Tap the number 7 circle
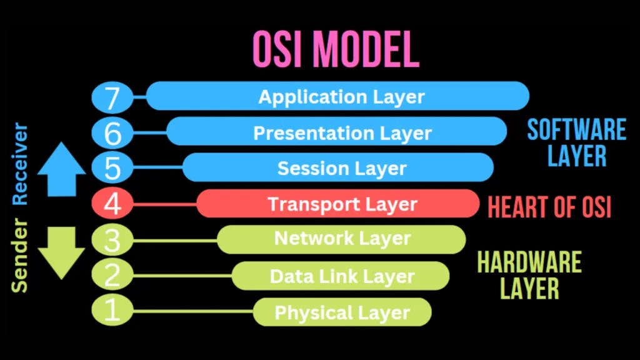click(112, 97)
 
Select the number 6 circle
click(112, 132)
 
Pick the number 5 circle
click(112, 168)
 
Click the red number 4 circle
click(112, 204)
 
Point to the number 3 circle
click(112, 239)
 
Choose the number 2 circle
click(112, 276)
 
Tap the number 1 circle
click(112, 311)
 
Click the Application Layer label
click(341, 97)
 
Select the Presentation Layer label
click(342, 132)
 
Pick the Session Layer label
click(342, 168)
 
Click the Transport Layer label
click(342, 204)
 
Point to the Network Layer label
click(342, 239)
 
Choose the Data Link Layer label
click(342, 276)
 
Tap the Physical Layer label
click(342, 312)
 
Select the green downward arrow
click(61, 252)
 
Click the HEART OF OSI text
click(549, 207)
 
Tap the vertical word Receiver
click(21, 164)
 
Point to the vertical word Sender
click(21, 256)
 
